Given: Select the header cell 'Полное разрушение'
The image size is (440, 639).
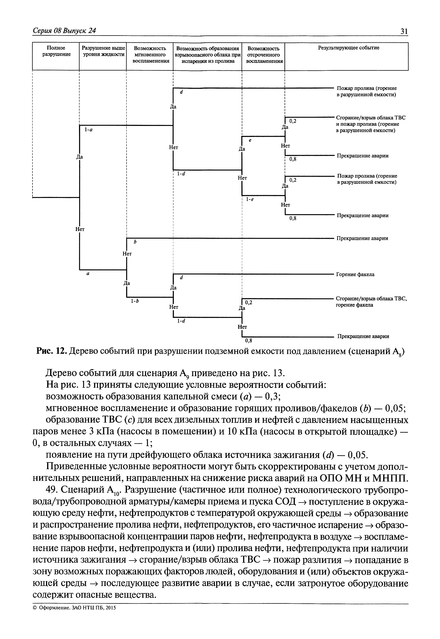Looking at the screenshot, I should click(x=56, y=51).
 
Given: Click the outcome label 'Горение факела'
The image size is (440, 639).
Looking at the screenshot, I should click(x=355, y=274).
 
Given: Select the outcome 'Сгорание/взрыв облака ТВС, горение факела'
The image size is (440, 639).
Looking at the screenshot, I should click(x=371, y=302).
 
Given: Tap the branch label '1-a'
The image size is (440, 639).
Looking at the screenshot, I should click(x=88, y=129).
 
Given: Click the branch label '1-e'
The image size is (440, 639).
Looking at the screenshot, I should click(x=250, y=199).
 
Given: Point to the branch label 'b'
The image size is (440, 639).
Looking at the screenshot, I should click(x=135, y=242).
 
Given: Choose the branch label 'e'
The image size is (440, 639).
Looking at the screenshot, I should click(x=250, y=140).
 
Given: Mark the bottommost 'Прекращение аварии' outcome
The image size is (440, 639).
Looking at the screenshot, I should click(x=363, y=336).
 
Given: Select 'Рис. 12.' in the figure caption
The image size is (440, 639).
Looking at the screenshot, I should click(x=52, y=351).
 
